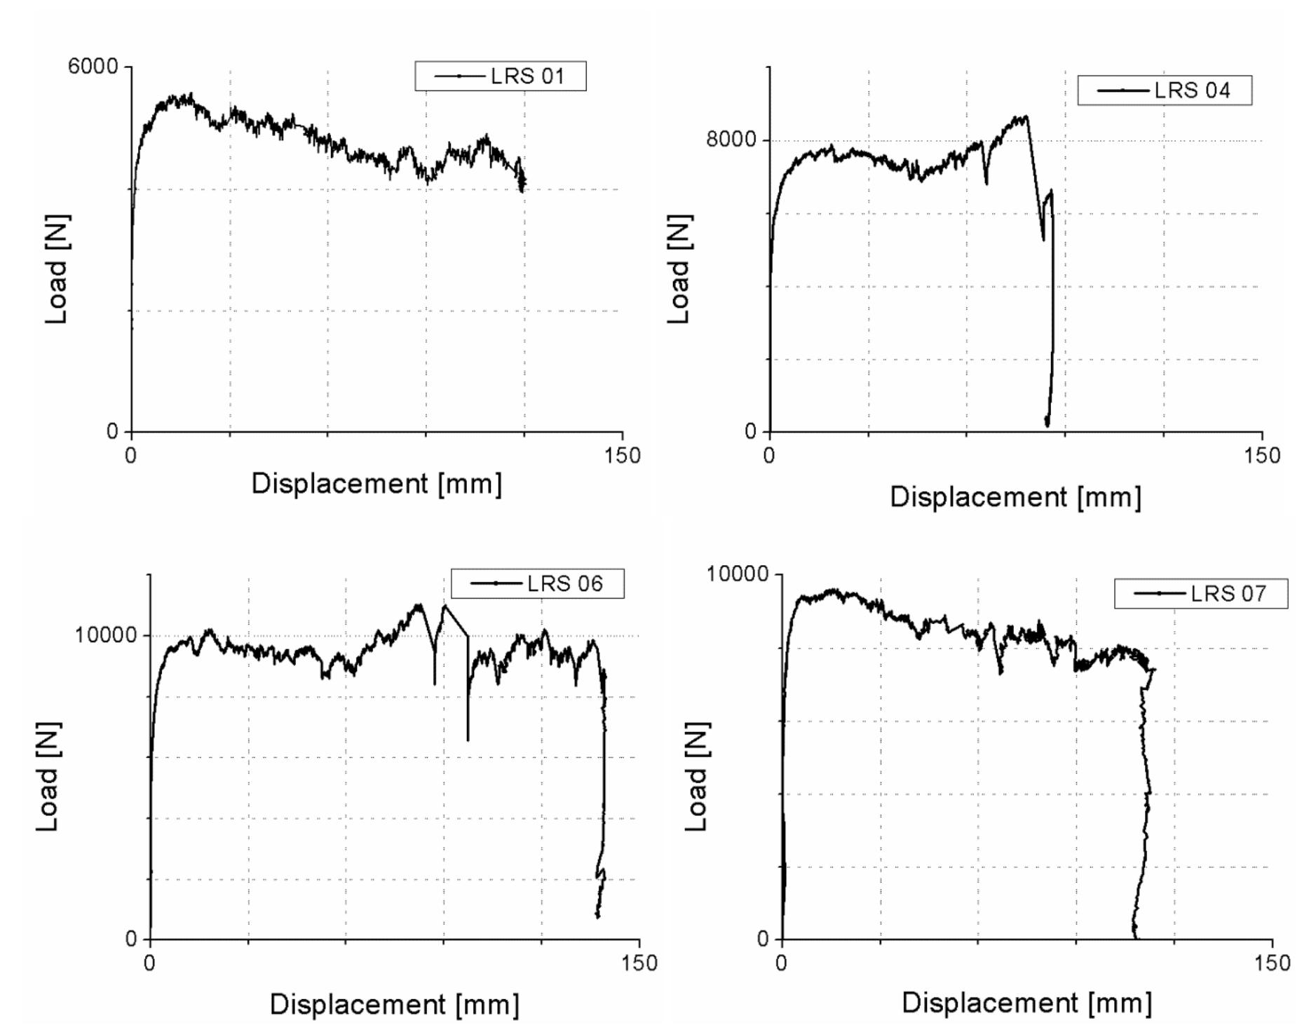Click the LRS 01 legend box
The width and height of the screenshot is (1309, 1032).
[x=500, y=76]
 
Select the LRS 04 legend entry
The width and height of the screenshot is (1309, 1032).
[x=1164, y=90]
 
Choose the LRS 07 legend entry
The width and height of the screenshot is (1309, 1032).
[x=1200, y=594]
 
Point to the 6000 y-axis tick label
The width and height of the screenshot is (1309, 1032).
[x=93, y=67]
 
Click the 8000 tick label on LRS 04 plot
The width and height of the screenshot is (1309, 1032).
[x=731, y=140]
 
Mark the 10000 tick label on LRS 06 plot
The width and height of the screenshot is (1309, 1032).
[x=105, y=635]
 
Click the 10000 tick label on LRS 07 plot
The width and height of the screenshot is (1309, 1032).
[x=737, y=574]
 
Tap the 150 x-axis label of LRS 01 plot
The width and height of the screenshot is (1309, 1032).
[x=622, y=456]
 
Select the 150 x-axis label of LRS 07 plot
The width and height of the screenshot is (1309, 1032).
[x=1272, y=963]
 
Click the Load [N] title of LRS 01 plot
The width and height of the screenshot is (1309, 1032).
[x=56, y=270]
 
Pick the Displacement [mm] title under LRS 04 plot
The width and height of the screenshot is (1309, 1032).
[x=1015, y=497]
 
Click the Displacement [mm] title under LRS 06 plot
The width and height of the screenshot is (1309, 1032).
[x=394, y=1005]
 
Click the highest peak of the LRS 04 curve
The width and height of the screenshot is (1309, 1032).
[x=1026, y=116]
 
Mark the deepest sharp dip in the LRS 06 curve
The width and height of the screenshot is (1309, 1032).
[x=468, y=740]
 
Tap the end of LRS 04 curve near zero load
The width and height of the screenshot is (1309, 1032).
[x=1047, y=424]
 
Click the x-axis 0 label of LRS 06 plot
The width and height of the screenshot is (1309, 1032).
[x=149, y=963]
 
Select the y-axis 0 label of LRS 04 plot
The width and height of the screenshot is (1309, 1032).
[x=751, y=431]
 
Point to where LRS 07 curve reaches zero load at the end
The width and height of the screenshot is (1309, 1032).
[x=1135, y=937]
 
